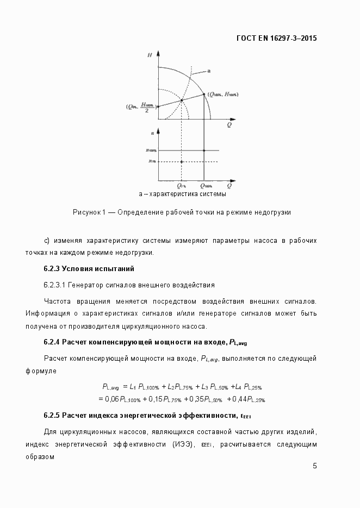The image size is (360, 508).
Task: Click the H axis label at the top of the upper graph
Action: [x=149, y=55]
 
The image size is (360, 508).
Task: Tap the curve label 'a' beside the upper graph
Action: [x=209, y=71]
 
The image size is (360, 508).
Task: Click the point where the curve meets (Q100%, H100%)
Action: [x=204, y=94]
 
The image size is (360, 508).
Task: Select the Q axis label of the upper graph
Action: [x=229, y=125]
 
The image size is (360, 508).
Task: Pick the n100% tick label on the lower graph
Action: [x=151, y=150]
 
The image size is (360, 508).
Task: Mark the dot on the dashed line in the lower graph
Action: [x=182, y=161]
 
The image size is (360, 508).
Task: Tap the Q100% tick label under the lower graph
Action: [x=206, y=185]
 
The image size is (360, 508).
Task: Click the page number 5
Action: [x=315, y=466]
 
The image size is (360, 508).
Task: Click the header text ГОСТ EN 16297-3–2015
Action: [x=276, y=39]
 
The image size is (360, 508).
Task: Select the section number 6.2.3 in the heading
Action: [x=52, y=268]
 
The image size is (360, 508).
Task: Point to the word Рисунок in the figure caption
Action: [x=85, y=212]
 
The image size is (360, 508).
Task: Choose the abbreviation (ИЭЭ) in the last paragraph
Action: [x=185, y=444]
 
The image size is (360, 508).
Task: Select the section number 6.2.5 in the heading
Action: [x=52, y=416]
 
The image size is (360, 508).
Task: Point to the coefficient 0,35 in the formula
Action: [x=194, y=399]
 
